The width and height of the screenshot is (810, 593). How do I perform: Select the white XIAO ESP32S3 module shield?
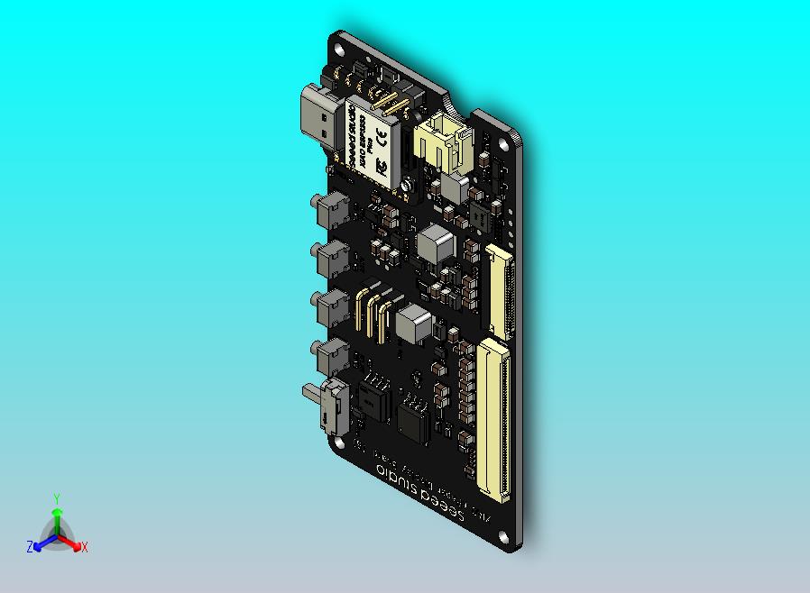pos(370,142)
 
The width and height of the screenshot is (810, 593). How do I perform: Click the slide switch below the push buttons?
pos(327,406)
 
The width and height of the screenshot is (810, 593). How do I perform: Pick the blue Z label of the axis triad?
pos(30,546)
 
